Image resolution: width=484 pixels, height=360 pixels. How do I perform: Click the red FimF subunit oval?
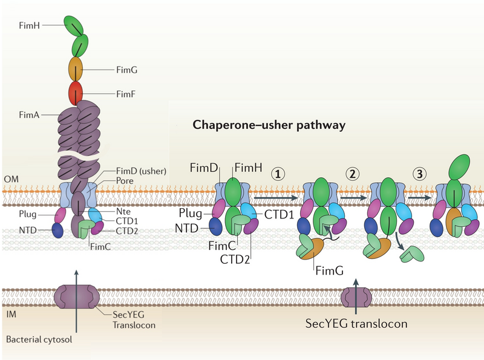tap(76, 93)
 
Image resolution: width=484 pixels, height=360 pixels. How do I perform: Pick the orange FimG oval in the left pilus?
tap(76, 68)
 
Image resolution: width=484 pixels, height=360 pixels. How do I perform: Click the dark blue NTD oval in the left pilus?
tap(57, 231)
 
